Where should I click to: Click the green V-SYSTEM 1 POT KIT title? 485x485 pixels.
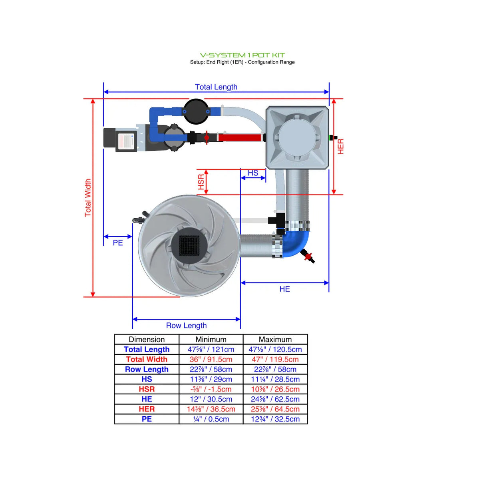[242, 55]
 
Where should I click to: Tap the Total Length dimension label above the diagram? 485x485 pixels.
[216, 87]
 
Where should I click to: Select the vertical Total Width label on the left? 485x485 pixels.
[88, 198]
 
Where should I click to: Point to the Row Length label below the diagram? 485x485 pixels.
[186, 326]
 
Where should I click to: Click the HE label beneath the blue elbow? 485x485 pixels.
[284, 289]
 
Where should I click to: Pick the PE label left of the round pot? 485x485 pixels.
[117, 243]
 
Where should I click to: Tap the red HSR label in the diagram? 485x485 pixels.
[201, 182]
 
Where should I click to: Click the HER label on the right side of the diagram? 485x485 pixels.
[340, 147]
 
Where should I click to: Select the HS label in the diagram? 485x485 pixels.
[253, 173]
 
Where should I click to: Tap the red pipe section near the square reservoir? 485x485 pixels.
[240, 138]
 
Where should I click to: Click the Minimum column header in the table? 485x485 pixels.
[211, 340]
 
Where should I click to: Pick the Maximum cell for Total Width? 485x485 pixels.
[275, 360]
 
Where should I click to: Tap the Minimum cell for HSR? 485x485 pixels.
[211, 389]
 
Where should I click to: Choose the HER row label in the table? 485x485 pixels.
[147, 409]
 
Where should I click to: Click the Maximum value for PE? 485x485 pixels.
[275, 419]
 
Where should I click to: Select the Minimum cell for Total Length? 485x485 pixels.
[211, 350]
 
